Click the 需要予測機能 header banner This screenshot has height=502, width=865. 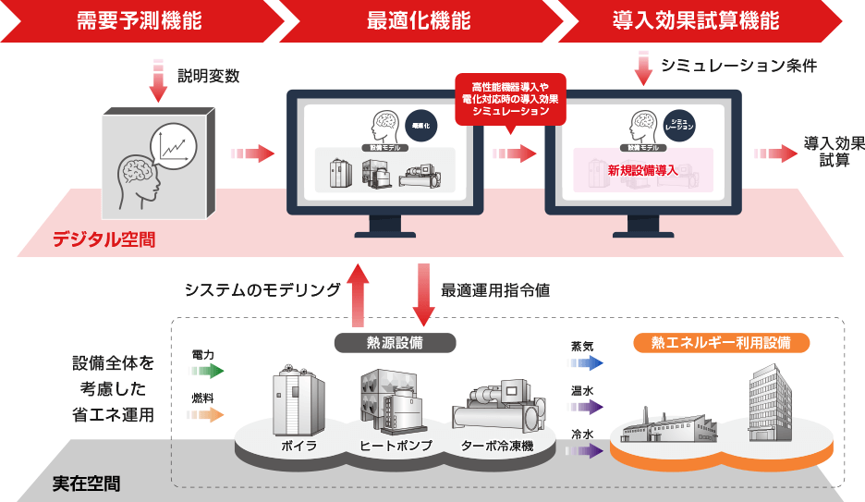coord(139,20)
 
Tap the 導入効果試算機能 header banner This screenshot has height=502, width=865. coord(695,20)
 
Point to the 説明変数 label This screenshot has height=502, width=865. coord(208,77)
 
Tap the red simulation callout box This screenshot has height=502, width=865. coord(510,100)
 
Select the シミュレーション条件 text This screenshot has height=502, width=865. coord(739,66)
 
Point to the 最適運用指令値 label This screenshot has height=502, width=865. coord(495,290)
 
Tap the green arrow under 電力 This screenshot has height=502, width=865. coord(207,371)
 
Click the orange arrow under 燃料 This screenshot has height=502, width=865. coord(207,415)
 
